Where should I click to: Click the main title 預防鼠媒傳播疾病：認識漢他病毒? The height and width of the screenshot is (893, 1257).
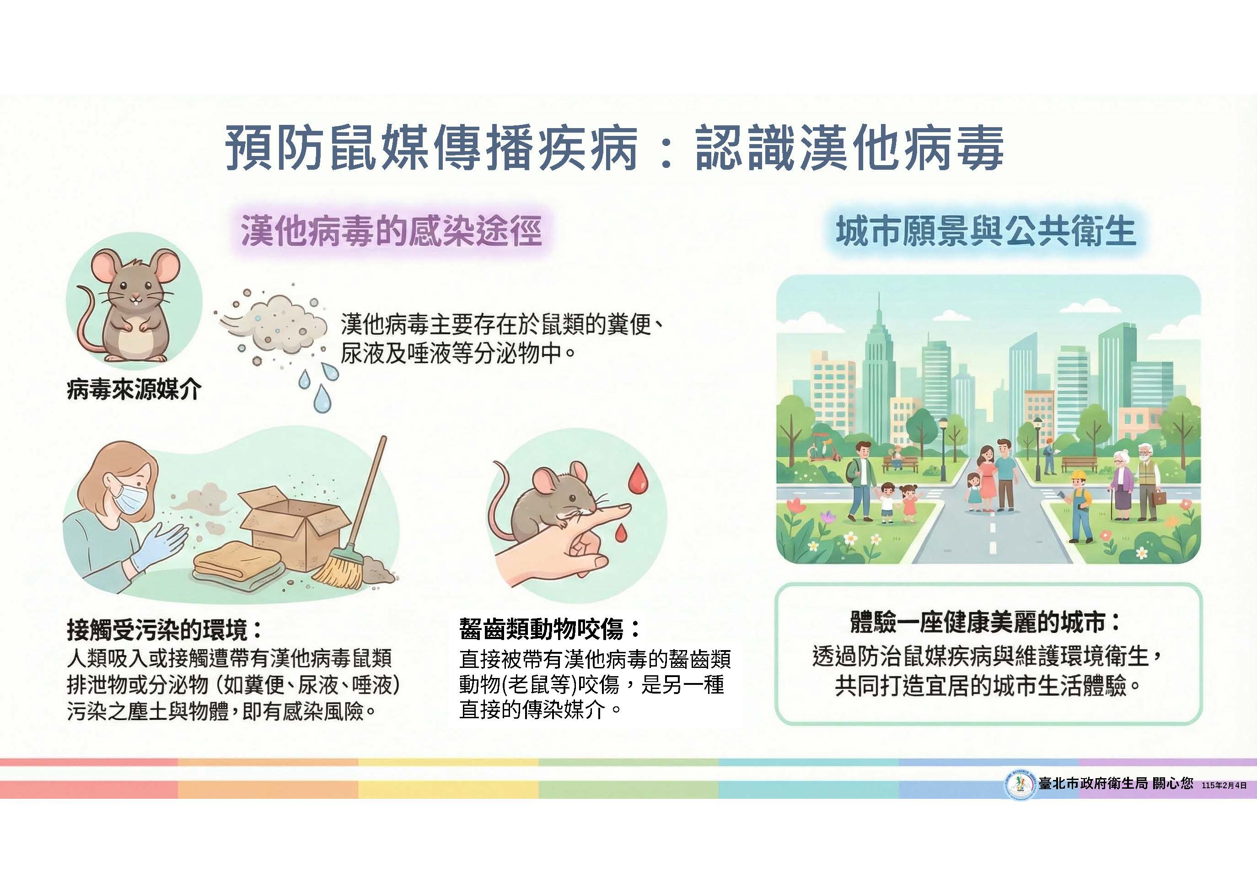point(614,147)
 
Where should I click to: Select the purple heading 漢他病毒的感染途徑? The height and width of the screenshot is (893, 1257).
point(392,231)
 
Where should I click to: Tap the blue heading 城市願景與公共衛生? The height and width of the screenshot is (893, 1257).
point(986,231)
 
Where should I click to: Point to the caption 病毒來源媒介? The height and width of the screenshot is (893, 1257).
point(134,390)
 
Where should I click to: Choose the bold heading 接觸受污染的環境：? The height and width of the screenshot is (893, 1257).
point(165,629)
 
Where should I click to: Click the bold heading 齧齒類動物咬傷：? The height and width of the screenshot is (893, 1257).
point(550,629)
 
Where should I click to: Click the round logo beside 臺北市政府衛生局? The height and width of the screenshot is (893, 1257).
point(1020,785)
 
